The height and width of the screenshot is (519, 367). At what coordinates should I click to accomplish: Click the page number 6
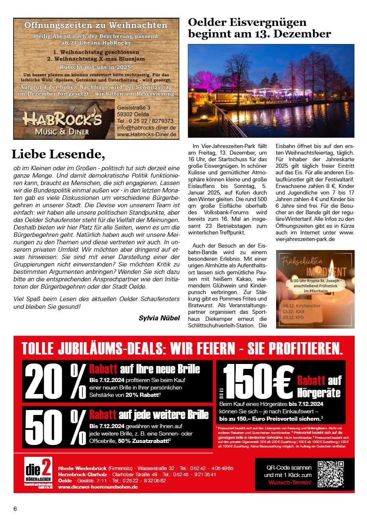coord(15,509)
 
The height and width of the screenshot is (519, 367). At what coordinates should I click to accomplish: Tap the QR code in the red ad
coord(331,474)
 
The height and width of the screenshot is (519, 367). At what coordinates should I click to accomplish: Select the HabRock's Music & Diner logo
coord(63,122)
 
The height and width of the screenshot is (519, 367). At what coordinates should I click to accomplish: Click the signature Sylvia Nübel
coord(159,318)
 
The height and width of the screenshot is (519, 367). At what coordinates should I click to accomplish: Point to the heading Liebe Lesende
coord(58,154)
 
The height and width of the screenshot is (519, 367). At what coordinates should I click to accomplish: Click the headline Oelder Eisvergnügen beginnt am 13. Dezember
coord(260,28)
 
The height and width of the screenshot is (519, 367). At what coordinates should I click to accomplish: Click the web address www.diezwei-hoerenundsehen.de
coord(98,487)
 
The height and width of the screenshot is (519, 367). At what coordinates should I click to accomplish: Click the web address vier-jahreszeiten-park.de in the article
coord(305,239)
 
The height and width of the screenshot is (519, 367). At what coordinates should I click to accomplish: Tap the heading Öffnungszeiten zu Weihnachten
coord(96,25)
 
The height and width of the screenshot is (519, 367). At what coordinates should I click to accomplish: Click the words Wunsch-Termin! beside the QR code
coord(290,482)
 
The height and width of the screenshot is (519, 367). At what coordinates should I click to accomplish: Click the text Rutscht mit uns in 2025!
coord(96,66)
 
